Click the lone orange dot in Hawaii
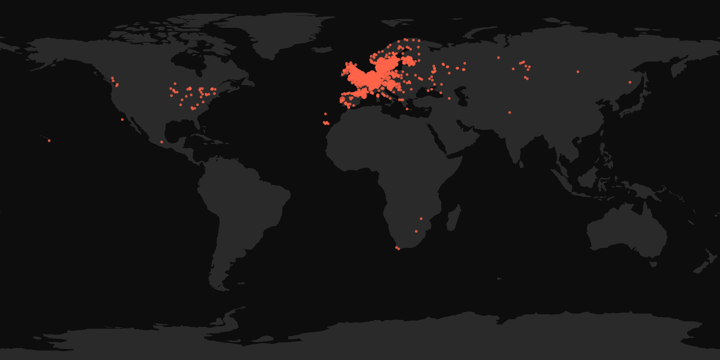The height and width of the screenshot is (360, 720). (49, 141)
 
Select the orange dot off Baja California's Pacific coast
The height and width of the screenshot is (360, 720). (122, 120)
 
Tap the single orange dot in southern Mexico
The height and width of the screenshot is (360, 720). (162, 142)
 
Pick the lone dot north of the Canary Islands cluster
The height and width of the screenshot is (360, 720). (326, 114)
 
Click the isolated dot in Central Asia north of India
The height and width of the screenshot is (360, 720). (510, 112)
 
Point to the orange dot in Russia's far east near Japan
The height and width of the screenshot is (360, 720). (630, 82)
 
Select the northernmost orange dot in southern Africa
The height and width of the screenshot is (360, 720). (421, 219)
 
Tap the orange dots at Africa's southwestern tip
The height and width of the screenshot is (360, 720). (398, 248)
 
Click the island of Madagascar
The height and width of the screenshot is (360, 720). (454, 218)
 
